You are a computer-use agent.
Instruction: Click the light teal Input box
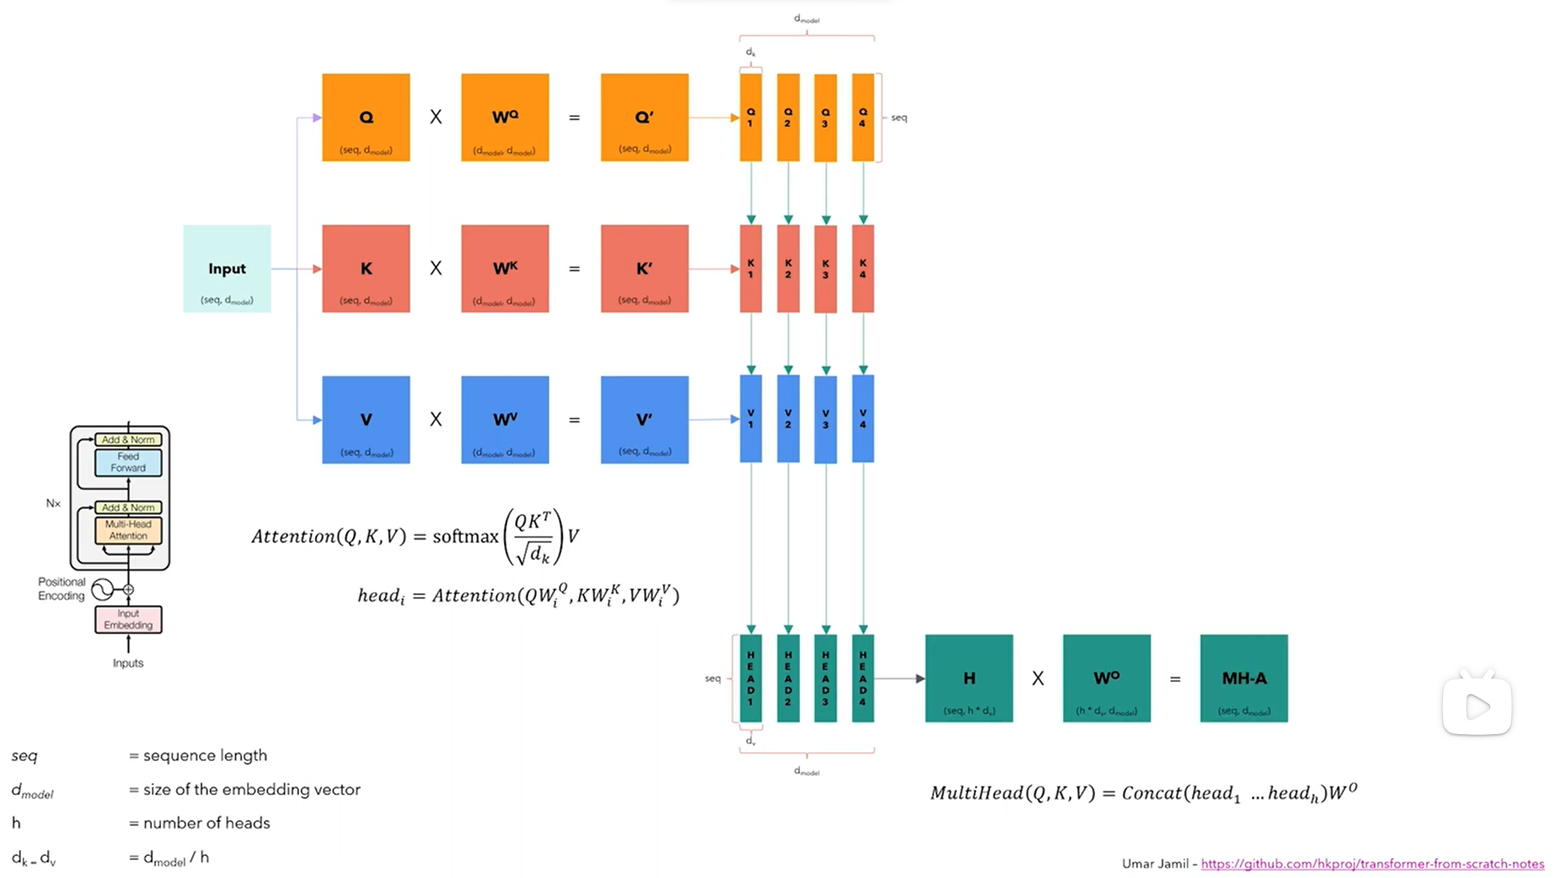(227, 269)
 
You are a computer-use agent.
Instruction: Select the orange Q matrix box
(366, 118)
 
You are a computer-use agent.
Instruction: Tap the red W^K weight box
(505, 269)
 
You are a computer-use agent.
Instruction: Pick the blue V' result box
(644, 419)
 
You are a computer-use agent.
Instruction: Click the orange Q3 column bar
(825, 118)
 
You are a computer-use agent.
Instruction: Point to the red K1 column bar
(750, 269)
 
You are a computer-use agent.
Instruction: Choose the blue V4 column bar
(863, 419)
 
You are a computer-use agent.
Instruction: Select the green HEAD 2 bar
(788, 678)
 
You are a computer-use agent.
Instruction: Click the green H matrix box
(969, 678)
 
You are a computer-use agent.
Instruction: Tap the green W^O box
(1107, 678)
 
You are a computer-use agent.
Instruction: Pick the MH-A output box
(1244, 678)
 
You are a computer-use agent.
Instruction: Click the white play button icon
(1477, 706)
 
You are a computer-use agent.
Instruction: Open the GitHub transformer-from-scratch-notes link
(1372, 863)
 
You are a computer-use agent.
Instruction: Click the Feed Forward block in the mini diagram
(128, 463)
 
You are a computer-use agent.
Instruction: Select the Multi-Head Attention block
(128, 530)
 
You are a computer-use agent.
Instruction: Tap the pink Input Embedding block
(128, 619)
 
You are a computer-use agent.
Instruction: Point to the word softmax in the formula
(465, 537)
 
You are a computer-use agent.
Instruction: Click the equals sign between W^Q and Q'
(574, 118)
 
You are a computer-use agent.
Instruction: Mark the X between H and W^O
(1038, 678)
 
